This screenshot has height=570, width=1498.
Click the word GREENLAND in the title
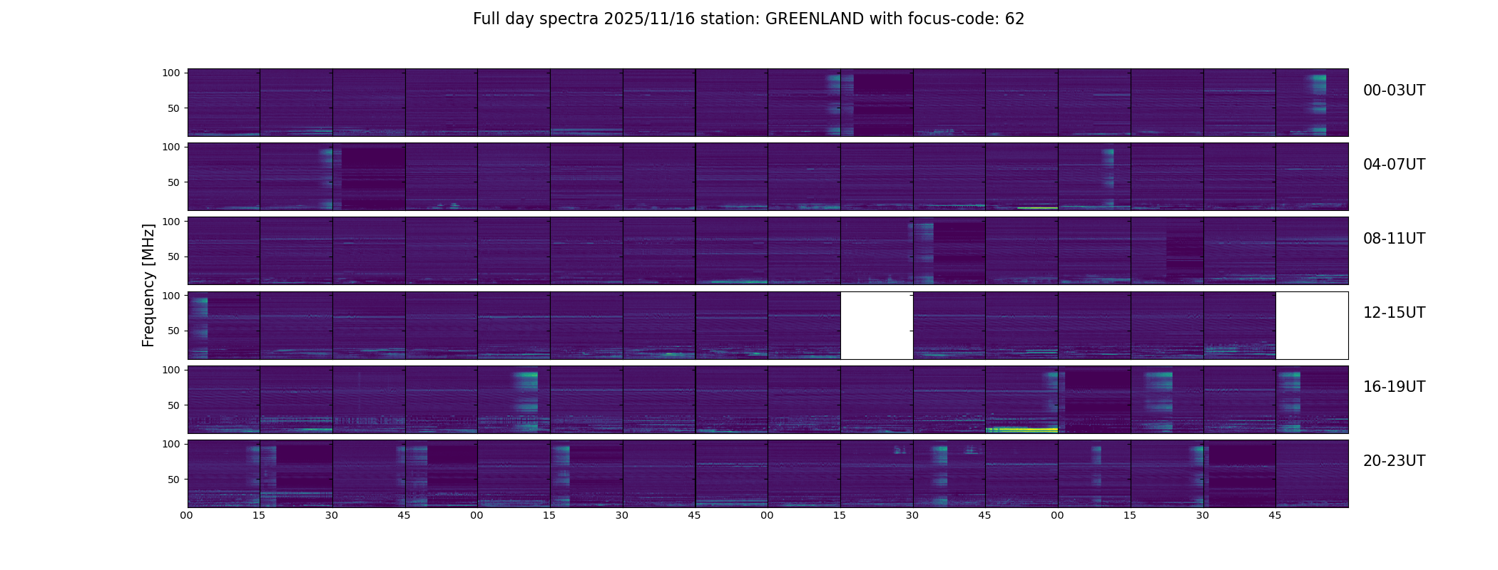point(814,19)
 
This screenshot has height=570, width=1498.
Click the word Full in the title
point(485,19)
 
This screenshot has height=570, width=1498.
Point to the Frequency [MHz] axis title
point(148,285)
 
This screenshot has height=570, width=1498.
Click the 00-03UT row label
point(1394,90)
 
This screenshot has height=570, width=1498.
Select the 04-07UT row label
point(1394,165)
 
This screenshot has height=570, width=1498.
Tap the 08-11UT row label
point(1394,239)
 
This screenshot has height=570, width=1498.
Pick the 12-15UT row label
point(1394,313)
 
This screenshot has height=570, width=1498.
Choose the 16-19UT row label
point(1394,387)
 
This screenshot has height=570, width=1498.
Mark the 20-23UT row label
point(1394,461)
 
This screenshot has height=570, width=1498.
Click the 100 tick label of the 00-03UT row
point(171,73)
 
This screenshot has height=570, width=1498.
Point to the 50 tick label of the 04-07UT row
point(174,182)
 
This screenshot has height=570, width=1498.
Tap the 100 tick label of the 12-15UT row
point(171,295)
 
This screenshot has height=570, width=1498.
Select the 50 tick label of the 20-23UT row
point(174,480)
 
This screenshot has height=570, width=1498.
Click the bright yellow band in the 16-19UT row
point(1021,430)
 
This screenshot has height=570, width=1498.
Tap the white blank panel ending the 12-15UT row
point(1312,326)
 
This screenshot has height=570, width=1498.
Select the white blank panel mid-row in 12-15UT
point(877,326)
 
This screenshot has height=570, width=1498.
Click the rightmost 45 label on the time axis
point(1275,515)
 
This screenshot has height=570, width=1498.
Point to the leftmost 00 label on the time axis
point(187,515)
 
